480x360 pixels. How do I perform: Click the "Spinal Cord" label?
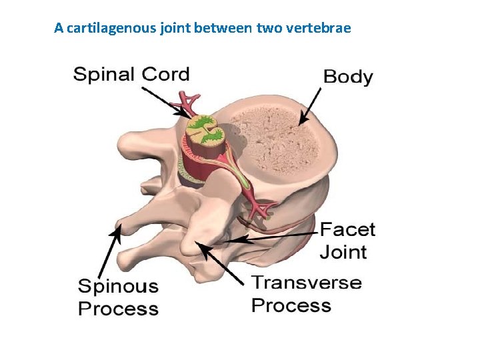click(x=131, y=73)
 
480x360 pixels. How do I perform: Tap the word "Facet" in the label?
click(x=347, y=230)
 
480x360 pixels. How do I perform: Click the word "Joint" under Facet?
click(x=343, y=252)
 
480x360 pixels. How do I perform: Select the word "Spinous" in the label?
click(x=119, y=287)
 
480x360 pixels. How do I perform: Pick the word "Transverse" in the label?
click(x=307, y=282)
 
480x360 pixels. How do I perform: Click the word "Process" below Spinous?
click(x=119, y=309)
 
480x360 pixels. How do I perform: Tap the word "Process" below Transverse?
click(x=291, y=305)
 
